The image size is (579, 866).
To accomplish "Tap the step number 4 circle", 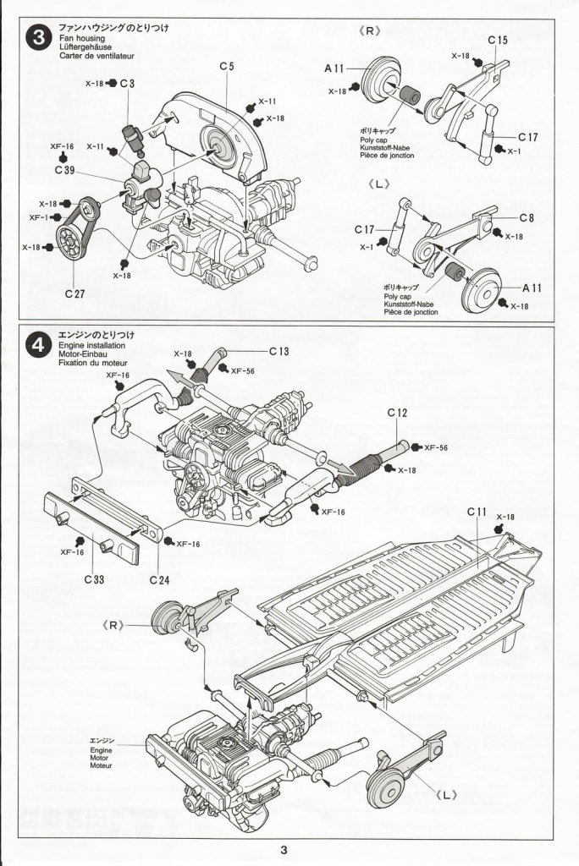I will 38,346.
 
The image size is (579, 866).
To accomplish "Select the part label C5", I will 226,66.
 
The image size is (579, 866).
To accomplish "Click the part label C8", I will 527,218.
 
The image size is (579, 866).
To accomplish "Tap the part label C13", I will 280,351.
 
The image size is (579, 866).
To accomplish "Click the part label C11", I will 477,512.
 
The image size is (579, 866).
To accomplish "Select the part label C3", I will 127,84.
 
